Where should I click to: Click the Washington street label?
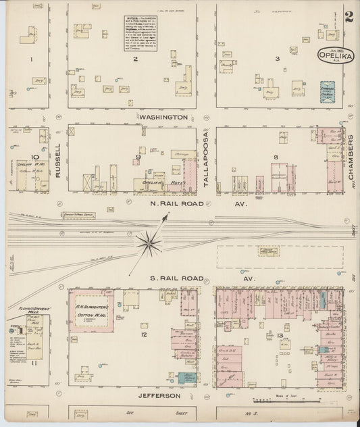point(163,117)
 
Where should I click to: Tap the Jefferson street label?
point(161,395)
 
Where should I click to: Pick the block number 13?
point(280,336)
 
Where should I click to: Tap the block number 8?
point(276,157)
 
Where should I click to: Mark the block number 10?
point(33,157)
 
